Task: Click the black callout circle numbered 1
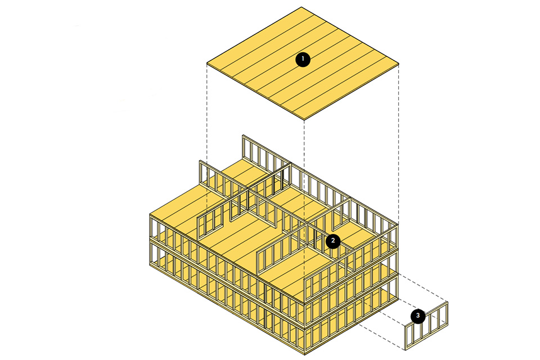pyautogui.click(x=303, y=59)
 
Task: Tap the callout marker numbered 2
pyautogui.click(x=333, y=241)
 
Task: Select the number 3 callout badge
pyautogui.click(x=418, y=316)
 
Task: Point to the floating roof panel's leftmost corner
pyautogui.click(x=207, y=64)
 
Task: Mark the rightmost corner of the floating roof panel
pyautogui.click(x=399, y=64)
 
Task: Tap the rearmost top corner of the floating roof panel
pyautogui.click(x=302, y=7)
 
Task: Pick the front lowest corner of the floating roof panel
pyautogui.click(x=304, y=119)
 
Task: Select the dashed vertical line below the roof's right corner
pyautogui.click(x=399, y=141)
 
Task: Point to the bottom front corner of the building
pyautogui.click(x=304, y=354)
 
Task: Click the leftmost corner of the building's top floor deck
pyautogui.click(x=151, y=215)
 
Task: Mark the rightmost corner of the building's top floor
pyautogui.click(x=398, y=225)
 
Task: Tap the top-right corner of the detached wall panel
pyautogui.click(x=448, y=303)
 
